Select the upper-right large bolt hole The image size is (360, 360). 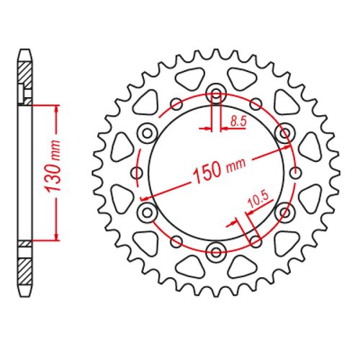pos(284,132)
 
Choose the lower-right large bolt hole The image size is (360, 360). pos(284,212)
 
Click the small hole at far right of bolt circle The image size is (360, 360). pos(295,172)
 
